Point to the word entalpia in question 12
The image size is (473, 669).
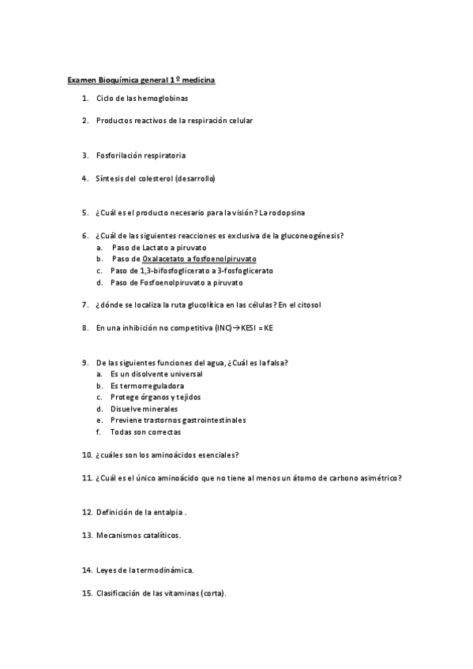pos(167,512)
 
